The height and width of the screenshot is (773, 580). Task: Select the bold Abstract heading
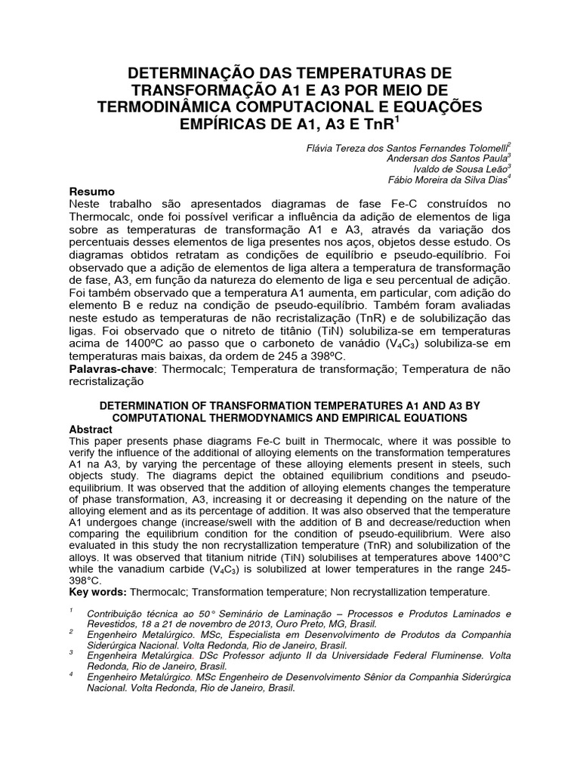pyautogui.click(x=91, y=429)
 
